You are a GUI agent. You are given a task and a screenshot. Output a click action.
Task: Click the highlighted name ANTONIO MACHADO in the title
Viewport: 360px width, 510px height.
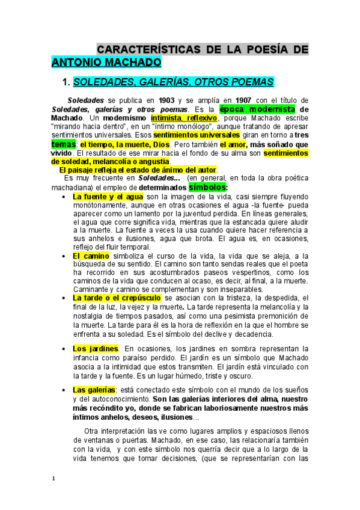tap(106, 61)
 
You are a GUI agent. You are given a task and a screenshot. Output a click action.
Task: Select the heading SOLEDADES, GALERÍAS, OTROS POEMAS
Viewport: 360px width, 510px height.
tap(173, 82)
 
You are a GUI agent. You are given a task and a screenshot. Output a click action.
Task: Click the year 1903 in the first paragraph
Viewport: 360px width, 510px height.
tap(166, 100)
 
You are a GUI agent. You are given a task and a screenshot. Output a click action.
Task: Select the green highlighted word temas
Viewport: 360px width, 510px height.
tap(64, 145)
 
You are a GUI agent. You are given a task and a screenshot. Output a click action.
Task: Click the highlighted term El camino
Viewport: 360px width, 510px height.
tap(91, 256)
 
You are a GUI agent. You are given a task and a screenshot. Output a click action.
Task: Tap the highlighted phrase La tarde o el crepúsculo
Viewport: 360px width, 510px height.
tap(117, 298)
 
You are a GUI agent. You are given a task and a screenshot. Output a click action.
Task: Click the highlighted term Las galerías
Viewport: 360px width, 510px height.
tap(94, 390)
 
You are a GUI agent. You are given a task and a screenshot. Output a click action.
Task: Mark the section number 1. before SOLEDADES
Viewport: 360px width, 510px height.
tap(59, 82)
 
